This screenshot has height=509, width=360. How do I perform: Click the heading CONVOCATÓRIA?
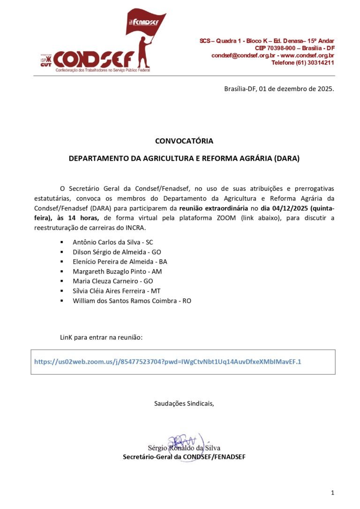[184, 141]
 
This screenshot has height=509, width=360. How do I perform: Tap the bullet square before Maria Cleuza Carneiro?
[61, 281]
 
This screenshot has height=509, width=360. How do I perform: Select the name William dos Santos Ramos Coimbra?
[127, 300]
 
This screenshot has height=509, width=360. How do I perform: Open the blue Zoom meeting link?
[168, 361]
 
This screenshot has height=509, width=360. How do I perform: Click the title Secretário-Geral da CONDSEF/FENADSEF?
[184, 457]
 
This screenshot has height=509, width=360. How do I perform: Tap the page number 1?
[332, 492]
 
